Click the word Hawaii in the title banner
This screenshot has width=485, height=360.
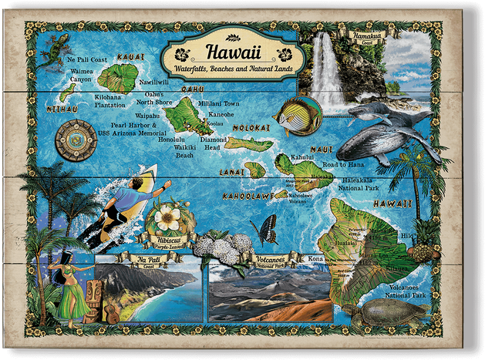[232, 53]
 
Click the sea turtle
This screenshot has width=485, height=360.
[386, 311]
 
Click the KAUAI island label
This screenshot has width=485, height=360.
[130, 56]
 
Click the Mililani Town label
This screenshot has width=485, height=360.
[219, 103]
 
